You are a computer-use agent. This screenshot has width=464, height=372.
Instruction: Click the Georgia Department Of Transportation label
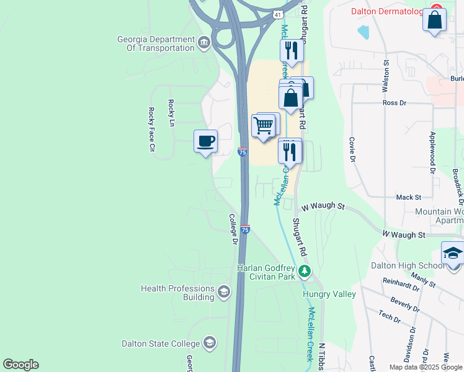156,43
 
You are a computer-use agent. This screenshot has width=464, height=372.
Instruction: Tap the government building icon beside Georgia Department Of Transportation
203,43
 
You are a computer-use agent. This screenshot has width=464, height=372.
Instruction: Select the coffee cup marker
205,141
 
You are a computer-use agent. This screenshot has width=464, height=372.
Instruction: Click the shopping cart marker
264,125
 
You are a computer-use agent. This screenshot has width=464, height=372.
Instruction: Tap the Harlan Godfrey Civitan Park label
266,272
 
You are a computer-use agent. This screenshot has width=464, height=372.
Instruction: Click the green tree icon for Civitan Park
304,271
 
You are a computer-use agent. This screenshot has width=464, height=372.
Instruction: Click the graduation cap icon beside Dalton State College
210,343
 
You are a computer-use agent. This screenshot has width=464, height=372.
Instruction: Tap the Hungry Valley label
329,294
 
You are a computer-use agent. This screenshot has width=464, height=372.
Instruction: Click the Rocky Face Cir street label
151,130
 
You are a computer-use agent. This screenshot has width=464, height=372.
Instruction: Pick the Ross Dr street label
394,103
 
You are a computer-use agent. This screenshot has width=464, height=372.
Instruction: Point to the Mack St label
408,197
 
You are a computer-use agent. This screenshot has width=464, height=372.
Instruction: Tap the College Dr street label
234,229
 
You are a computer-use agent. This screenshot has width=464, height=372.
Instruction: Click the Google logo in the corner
20,365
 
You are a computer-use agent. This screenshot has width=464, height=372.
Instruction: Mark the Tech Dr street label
390,316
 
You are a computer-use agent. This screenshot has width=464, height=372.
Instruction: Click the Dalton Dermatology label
387,11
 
